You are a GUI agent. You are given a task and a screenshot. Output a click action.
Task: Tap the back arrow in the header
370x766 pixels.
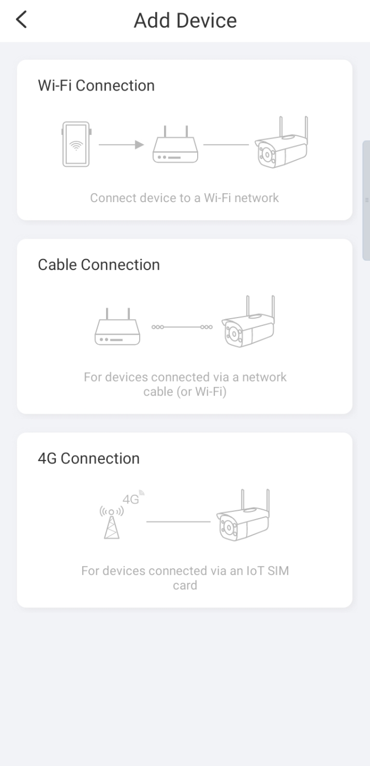pyautogui.click(x=21, y=19)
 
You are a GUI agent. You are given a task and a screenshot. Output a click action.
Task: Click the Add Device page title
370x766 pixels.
pyautogui.click(x=185, y=20)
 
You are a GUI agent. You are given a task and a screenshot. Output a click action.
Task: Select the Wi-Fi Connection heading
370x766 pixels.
pyautogui.click(x=96, y=86)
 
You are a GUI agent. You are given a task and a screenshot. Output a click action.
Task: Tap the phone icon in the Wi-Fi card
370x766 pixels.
pyautogui.click(x=76, y=144)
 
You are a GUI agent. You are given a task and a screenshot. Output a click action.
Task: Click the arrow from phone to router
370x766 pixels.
pyautogui.click(x=121, y=145)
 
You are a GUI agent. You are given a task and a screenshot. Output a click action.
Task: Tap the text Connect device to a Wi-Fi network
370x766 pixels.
pyautogui.click(x=184, y=198)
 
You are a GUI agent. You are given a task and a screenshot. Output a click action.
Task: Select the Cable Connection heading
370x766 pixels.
pyautogui.click(x=99, y=265)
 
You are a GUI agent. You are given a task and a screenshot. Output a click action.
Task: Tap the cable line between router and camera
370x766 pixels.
pyautogui.click(x=182, y=327)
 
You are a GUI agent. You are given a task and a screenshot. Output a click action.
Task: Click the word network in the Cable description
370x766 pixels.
pyautogui.click(x=265, y=377)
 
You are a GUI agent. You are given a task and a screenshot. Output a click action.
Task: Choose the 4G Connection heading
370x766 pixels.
pyautogui.click(x=88, y=458)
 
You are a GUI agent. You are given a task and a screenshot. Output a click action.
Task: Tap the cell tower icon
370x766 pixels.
pyautogui.click(x=112, y=523)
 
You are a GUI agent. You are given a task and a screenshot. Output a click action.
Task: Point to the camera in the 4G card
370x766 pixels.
pyautogui.click(x=243, y=515)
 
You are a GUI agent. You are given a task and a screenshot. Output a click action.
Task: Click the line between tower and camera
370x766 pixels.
pyautogui.click(x=178, y=522)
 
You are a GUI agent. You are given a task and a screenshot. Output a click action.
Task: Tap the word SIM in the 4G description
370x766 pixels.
pyautogui.click(x=278, y=570)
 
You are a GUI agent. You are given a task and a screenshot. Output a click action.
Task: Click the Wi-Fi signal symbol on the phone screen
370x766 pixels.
pyautogui.click(x=76, y=146)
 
